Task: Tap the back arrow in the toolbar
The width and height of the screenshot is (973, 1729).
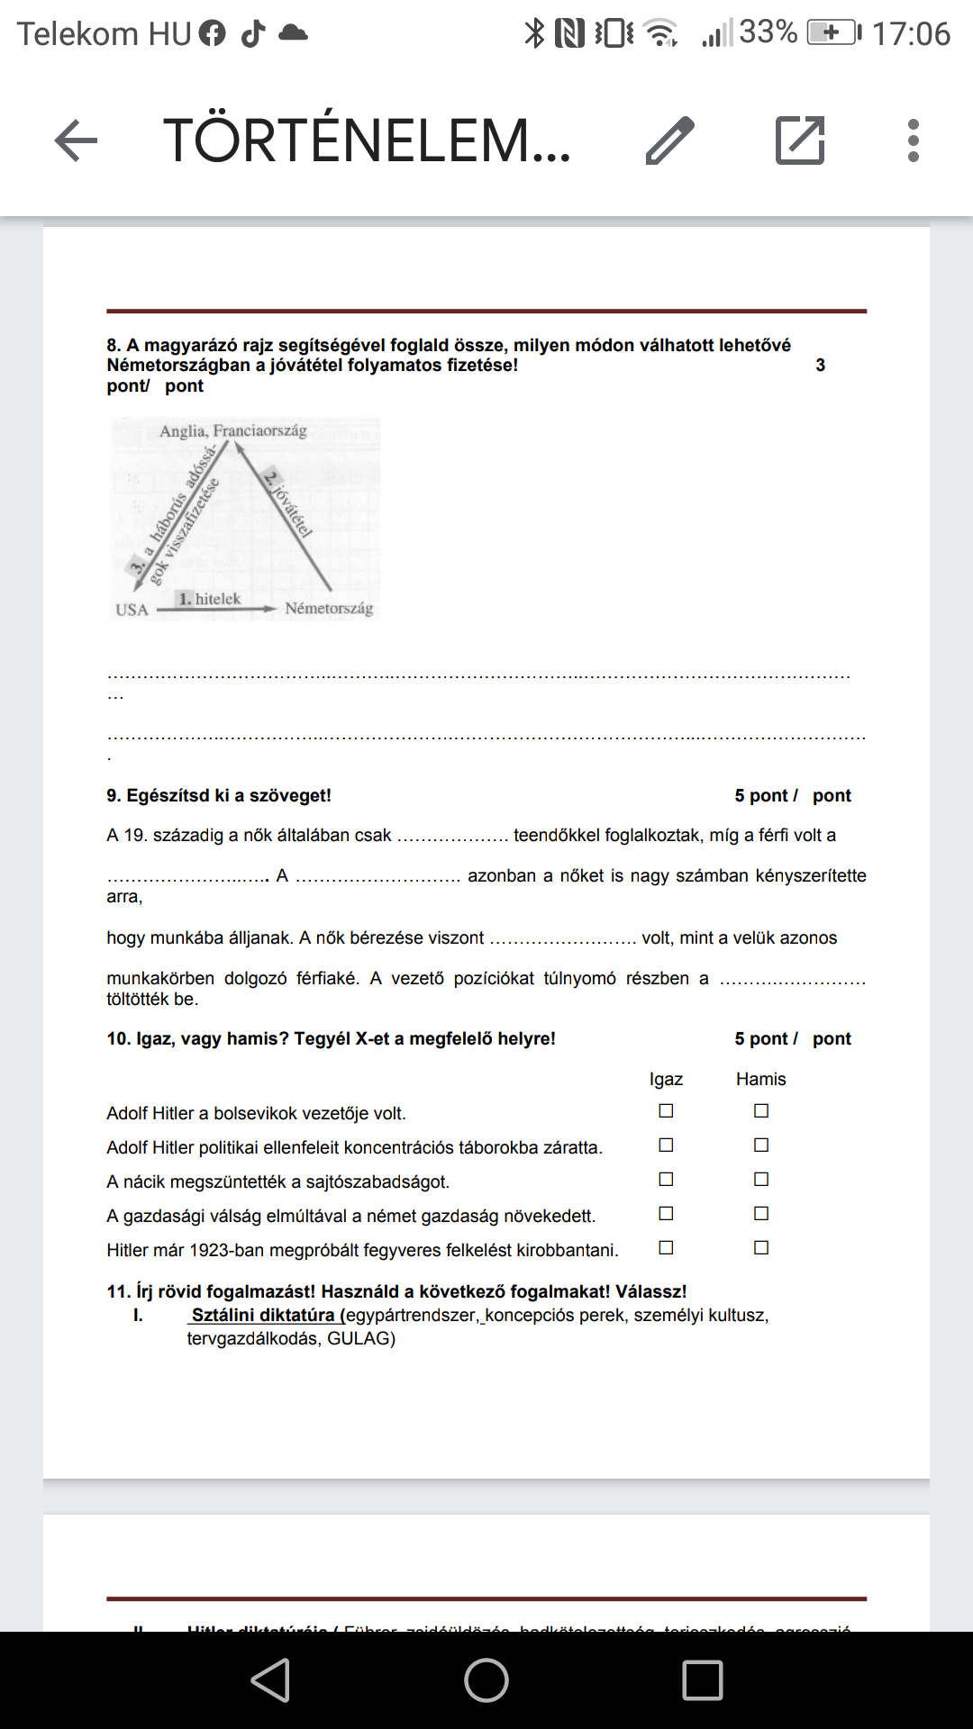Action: pyautogui.click(x=76, y=140)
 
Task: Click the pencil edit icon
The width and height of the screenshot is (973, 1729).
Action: pyautogui.click(x=670, y=140)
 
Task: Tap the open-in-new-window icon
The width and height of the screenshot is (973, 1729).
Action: pyautogui.click(x=800, y=140)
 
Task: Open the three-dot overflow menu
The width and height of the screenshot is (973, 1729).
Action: pyautogui.click(x=914, y=140)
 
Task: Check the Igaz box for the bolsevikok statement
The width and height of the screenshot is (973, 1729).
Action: pyautogui.click(x=666, y=1111)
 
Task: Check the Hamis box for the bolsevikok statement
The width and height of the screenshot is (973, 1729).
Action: pyautogui.click(x=761, y=1111)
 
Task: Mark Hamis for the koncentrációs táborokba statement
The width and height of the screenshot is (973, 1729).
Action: pyautogui.click(x=761, y=1145)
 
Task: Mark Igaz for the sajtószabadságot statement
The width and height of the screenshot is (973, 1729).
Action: pyautogui.click(x=666, y=1180)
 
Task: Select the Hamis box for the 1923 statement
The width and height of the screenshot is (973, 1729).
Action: pyautogui.click(x=761, y=1248)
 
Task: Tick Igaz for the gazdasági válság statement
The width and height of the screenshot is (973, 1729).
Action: pyautogui.click(x=666, y=1214)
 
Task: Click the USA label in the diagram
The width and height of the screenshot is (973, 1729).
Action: pyautogui.click(x=132, y=610)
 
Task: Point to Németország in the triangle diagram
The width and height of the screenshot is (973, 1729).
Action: pyautogui.click(x=329, y=609)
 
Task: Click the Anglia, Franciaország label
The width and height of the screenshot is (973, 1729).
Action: pyautogui.click(x=233, y=431)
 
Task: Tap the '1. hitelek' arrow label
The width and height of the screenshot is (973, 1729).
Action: pyautogui.click(x=210, y=599)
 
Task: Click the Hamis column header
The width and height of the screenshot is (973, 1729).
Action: pyautogui.click(x=760, y=1079)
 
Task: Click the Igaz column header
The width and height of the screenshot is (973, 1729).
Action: pyautogui.click(x=666, y=1079)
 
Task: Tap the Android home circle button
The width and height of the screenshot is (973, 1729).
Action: pyautogui.click(x=486, y=1680)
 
